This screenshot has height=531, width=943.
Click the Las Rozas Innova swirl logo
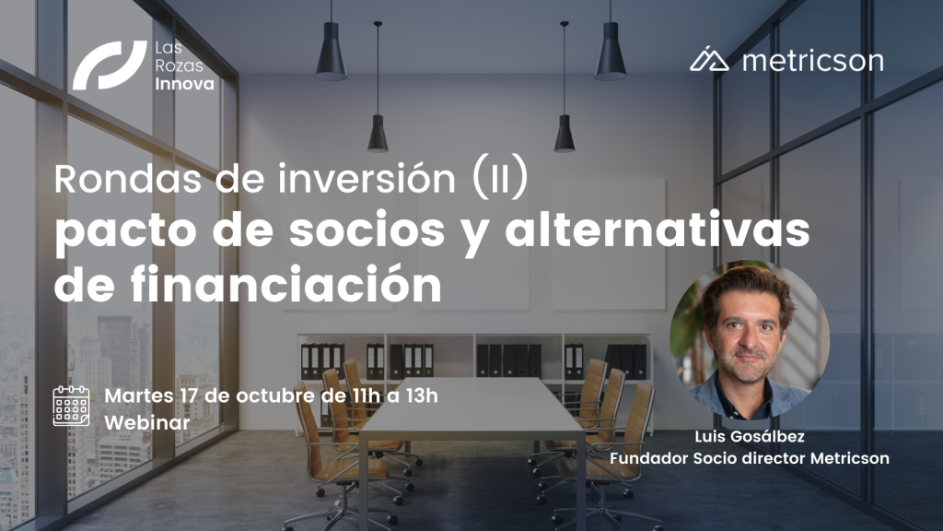pyautogui.click(x=110, y=65)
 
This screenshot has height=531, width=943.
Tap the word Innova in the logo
pyautogui.click(x=184, y=84)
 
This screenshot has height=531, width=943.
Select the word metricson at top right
pyautogui.click(x=813, y=61)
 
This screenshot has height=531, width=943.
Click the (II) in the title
pyautogui.click(x=500, y=178)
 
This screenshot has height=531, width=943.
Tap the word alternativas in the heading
pyautogui.click(x=658, y=229)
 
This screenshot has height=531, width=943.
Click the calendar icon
pyautogui.click(x=71, y=407)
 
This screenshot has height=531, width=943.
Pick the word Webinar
pyautogui.click(x=147, y=422)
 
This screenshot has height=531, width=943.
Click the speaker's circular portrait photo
pyautogui.click(x=750, y=340)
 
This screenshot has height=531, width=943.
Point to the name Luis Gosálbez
pyautogui.click(x=750, y=436)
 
